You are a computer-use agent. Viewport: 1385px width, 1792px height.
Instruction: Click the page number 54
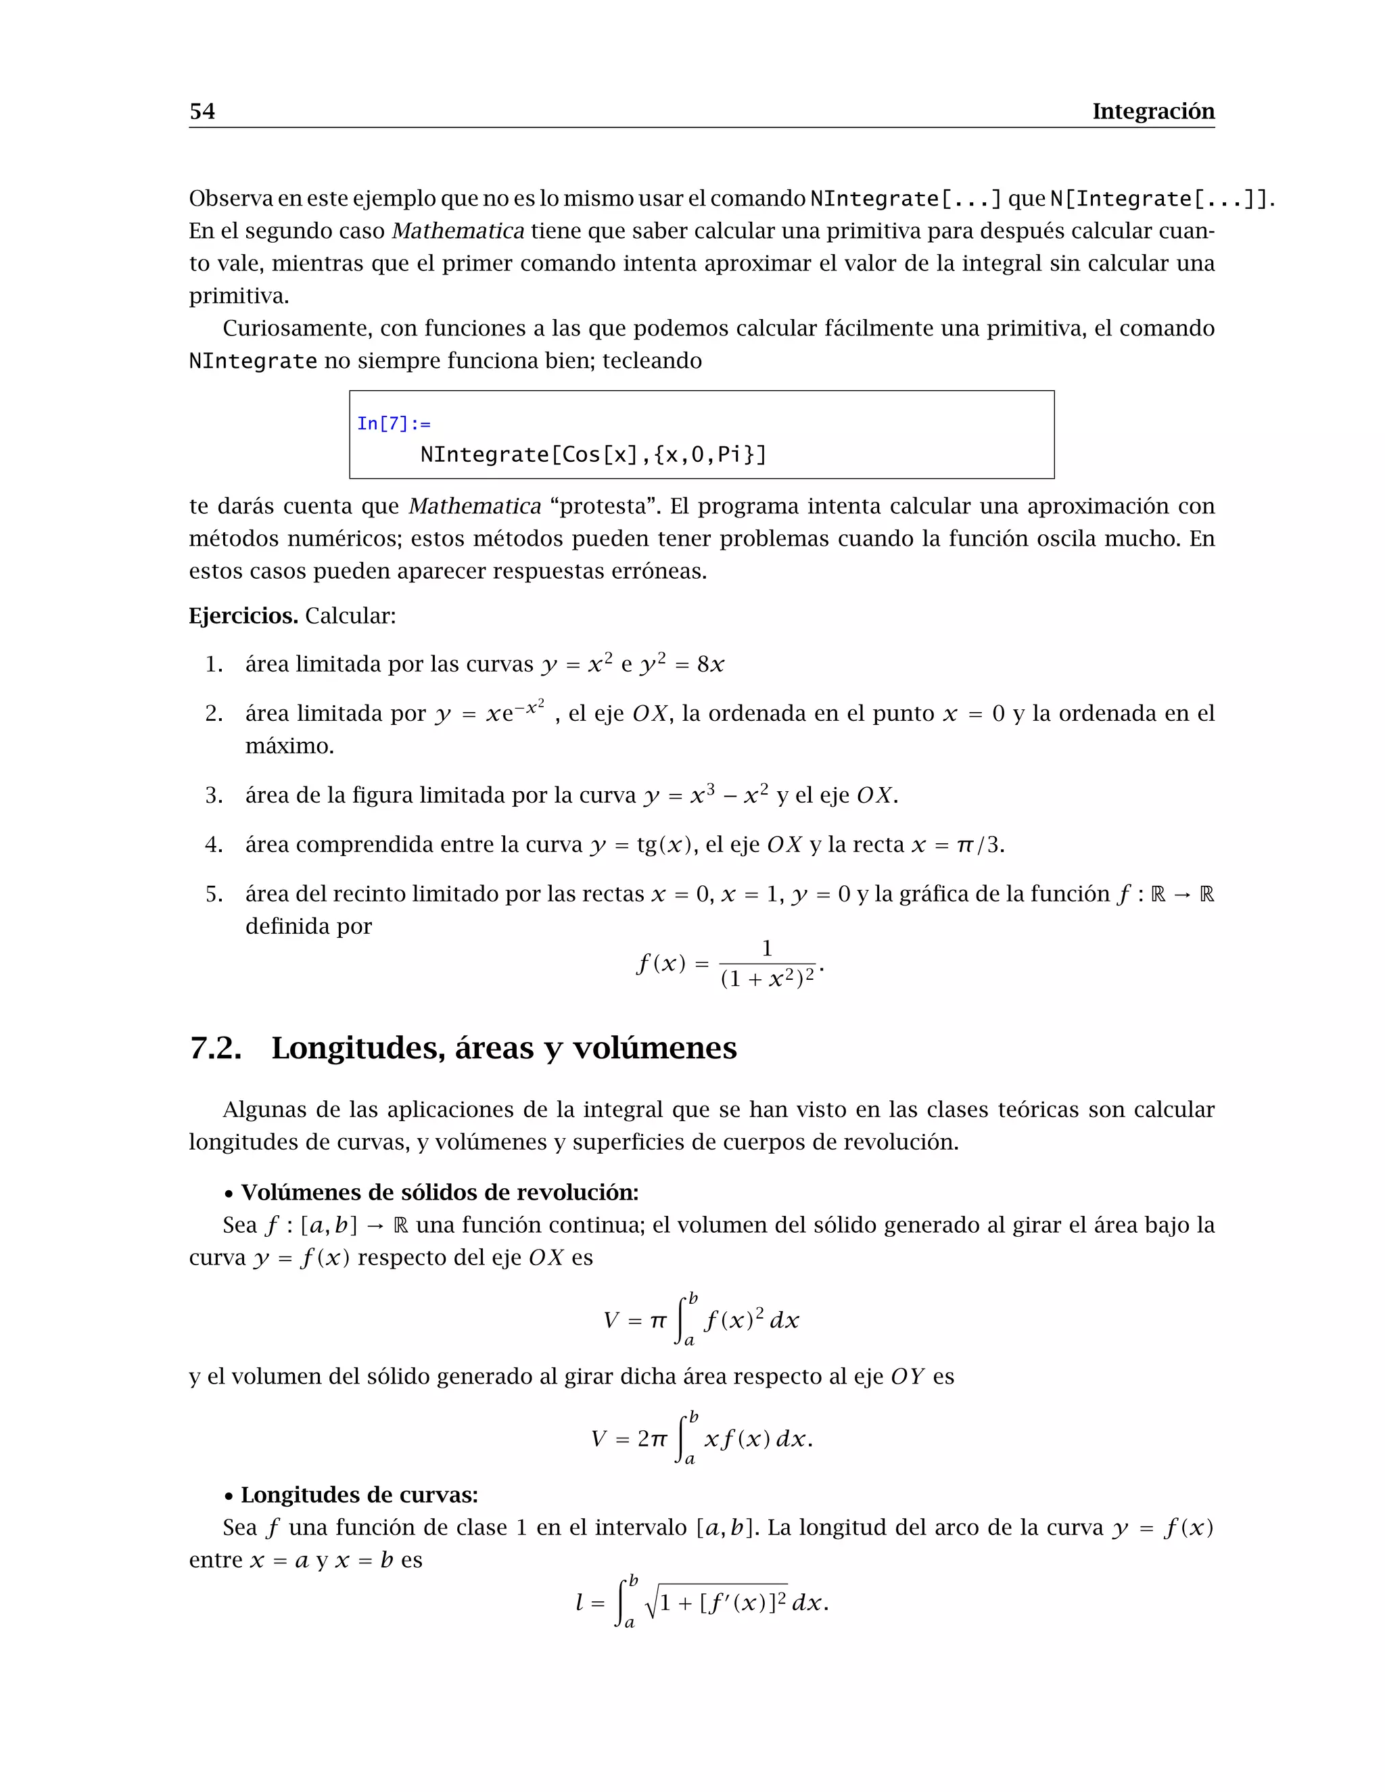tap(202, 111)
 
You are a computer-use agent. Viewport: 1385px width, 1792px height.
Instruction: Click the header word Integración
tap(1153, 111)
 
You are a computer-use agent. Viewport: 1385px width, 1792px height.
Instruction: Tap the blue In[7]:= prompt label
tap(393, 423)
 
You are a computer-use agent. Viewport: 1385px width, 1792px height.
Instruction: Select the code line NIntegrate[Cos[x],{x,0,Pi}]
tap(592, 454)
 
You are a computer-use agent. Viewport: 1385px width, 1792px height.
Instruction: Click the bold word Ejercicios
tap(243, 615)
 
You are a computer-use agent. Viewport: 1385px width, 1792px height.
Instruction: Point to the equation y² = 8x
tap(682, 664)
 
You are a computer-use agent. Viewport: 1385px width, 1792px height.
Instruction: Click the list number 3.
tap(213, 795)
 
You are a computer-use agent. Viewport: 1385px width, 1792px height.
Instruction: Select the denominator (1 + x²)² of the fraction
tap(767, 978)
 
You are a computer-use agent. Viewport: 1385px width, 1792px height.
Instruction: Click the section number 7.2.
tap(215, 1047)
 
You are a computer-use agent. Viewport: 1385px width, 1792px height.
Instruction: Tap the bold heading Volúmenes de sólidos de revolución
tap(439, 1192)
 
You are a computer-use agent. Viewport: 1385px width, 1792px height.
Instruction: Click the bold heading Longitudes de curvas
tap(358, 1494)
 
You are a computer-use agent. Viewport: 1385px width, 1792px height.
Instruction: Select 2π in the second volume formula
tap(653, 1438)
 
